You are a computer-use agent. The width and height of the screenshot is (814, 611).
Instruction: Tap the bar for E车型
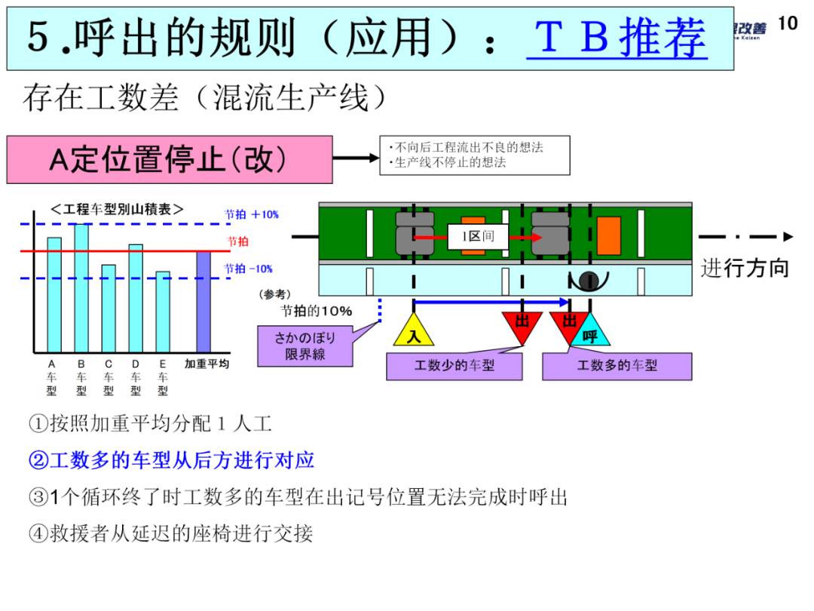[x=163, y=312]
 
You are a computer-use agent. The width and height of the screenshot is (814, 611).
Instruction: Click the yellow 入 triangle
[x=414, y=330]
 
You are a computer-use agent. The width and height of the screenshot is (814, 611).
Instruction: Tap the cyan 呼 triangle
[x=589, y=332]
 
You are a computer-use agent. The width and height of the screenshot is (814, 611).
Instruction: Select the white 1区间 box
[x=478, y=236]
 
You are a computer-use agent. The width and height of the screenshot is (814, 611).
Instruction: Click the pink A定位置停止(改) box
[x=170, y=159]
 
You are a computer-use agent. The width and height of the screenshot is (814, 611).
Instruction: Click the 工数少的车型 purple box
[x=454, y=366]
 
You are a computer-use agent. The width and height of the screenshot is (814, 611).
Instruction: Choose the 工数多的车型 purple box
[x=617, y=366]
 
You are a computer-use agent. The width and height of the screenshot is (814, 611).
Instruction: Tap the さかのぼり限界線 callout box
[x=304, y=345]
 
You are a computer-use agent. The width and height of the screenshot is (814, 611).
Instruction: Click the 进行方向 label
[x=745, y=268]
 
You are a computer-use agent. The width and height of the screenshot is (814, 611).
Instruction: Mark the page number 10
[x=787, y=23]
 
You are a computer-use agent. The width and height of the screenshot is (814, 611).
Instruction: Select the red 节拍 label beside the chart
[x=237, y=241]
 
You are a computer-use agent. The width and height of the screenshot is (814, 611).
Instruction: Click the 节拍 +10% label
[x=252, y=214]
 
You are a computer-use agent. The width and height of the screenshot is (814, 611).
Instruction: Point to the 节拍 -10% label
[x=249, y=269]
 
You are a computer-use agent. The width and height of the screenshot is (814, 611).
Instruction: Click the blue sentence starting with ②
[x=171, y=459]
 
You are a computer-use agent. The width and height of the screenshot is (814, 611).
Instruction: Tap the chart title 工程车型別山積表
[x=118, y=209]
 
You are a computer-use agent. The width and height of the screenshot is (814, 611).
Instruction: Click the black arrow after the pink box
[x=355, y=158]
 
